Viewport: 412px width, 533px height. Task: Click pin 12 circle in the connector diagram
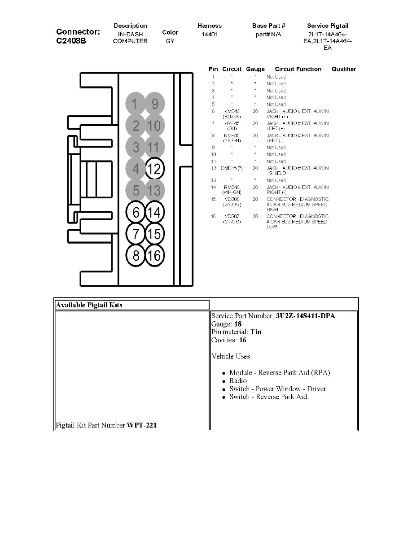155,170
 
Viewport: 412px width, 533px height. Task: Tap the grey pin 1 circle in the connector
135,104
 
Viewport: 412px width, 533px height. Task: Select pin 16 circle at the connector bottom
155,255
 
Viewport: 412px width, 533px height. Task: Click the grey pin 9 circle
155,104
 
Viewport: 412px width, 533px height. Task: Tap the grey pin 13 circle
155,191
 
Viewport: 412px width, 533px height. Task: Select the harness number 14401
210,34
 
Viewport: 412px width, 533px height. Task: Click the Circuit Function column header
298,69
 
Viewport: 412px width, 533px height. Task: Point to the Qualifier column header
344,69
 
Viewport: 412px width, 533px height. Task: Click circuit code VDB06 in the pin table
232,199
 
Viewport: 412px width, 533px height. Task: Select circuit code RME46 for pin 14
232,187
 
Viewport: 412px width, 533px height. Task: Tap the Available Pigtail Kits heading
89,305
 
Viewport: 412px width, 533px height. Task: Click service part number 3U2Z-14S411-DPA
305,316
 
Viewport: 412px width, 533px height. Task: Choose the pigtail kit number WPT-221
142,425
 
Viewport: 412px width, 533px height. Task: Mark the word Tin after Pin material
256,332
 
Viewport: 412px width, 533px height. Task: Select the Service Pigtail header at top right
327,26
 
